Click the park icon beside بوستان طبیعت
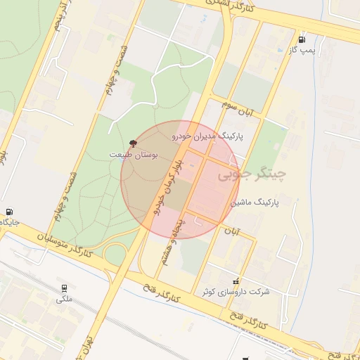click(x=134, y=143)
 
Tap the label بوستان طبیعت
click(x=135, y=153)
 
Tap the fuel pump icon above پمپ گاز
click(x=302, y=39)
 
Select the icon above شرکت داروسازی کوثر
click(x=236, y=280)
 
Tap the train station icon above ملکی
click(x=65, y=288)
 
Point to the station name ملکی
click(x=64, y=300)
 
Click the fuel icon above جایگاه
click(x=9, y=212)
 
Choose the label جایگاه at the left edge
click(x=10, y=222)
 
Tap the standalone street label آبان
click(x=232, y=231)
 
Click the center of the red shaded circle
click(x=180, y=180)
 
